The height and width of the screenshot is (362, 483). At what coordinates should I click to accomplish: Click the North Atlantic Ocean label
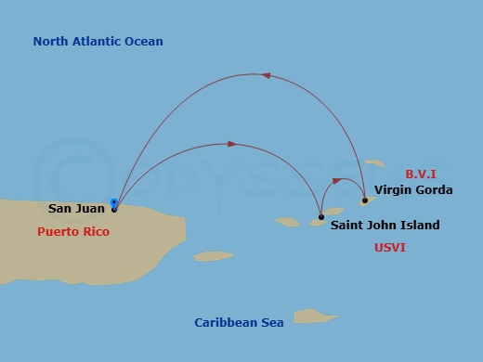coord(98,41)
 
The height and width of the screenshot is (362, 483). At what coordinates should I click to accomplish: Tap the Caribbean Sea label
coord(239,322)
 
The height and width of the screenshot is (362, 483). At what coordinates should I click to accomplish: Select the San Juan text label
coord(76,209)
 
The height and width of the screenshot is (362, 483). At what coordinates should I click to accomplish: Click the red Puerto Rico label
coord(73,232)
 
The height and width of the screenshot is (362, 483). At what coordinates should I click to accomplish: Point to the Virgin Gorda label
coord(413,190)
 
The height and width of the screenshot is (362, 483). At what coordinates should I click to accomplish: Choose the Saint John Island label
coord(385,225)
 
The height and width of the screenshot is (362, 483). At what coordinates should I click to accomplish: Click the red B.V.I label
coord(421,174)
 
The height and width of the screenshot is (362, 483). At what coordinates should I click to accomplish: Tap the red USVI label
coord(389,248)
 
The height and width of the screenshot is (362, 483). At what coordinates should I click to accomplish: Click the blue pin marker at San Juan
coord(114,202)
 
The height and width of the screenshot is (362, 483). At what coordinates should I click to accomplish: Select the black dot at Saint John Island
coord(321,217)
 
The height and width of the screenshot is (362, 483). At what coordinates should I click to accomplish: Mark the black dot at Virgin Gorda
coord(365,200)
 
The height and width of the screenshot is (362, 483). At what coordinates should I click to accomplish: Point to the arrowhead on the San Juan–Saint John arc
coord(232,144)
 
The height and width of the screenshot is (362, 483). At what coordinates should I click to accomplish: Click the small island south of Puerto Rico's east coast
coord(214,256)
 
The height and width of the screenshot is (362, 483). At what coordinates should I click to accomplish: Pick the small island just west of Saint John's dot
coord(288,222)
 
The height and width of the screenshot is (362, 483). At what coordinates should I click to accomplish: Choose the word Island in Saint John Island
coord(420,225)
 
